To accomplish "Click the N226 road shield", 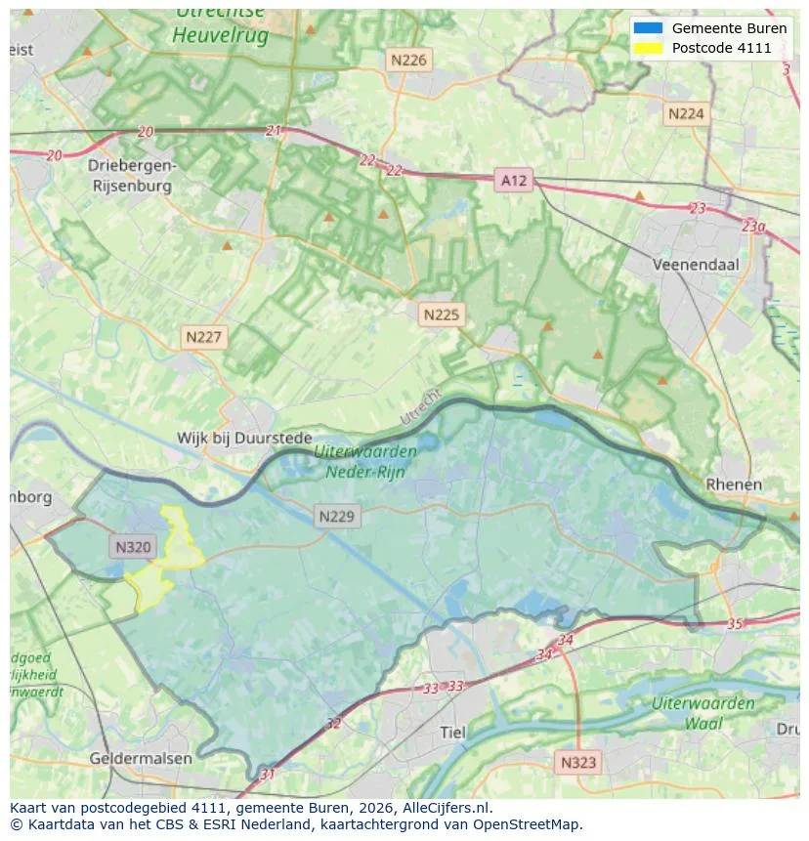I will click(x=408, y=60).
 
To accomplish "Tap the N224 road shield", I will click(x=686, y=114).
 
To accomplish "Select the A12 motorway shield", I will click(x=513, y=181).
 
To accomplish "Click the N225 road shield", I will click(x=442, y=315).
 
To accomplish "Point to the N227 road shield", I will click(x=204, y=337).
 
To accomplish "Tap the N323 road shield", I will click(x=579, y=762).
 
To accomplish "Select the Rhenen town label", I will click(x=734, y=484).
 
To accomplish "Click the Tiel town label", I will click(x=452, y=732).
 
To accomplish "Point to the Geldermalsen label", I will click(x=141, y=758).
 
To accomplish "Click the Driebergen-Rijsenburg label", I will click(x=132, y=174).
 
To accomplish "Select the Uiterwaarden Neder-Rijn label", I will click(x=366, y=460).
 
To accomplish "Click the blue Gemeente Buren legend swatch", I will click(x=647, y=28).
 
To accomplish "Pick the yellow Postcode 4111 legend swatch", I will click(x=647, y=48).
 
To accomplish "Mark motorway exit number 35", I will click(x=735, y=623).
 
